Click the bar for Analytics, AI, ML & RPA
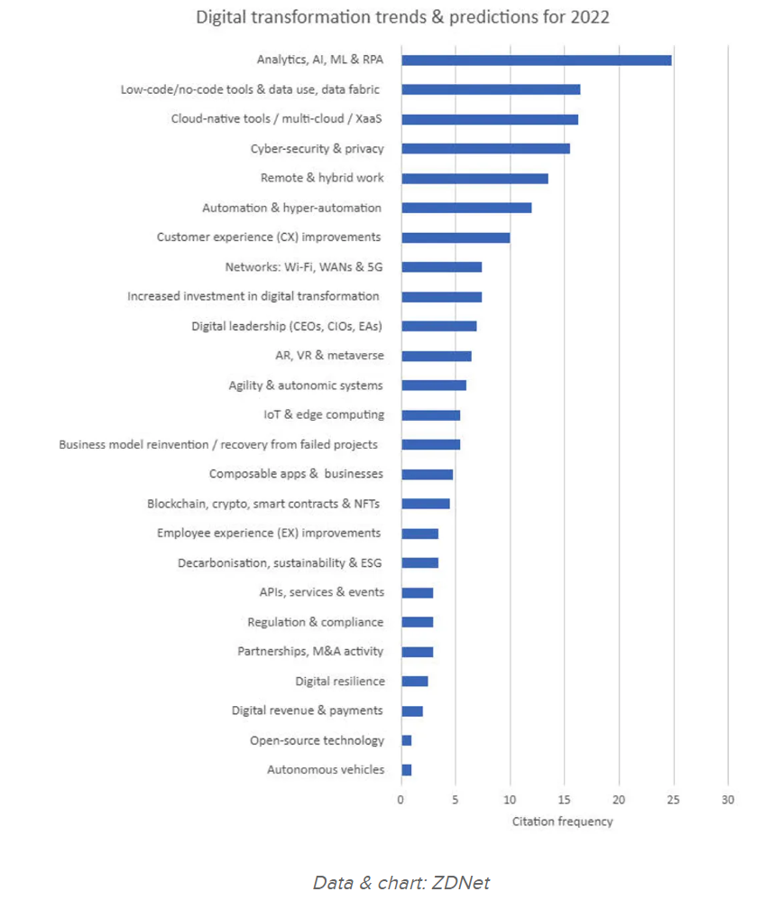coord(536,60)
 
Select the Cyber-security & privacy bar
coord(485,149)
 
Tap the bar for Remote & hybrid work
coord(474,179)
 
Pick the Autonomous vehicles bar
coord(407,770)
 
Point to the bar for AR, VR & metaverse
coord(437,356)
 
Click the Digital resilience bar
coord(415,682)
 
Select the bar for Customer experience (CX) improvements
coord(456,237)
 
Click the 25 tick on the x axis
coord(673,799)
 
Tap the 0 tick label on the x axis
coord(401,799)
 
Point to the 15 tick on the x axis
coord(565,799)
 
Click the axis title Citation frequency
coord(563,822)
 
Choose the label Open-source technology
coord(317,740)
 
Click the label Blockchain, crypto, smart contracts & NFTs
coord(265,504)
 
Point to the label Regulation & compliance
coord(315,622)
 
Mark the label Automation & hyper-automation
coord(291,209)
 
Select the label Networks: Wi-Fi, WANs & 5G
coord(303,267)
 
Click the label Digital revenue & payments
coord(307,711)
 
